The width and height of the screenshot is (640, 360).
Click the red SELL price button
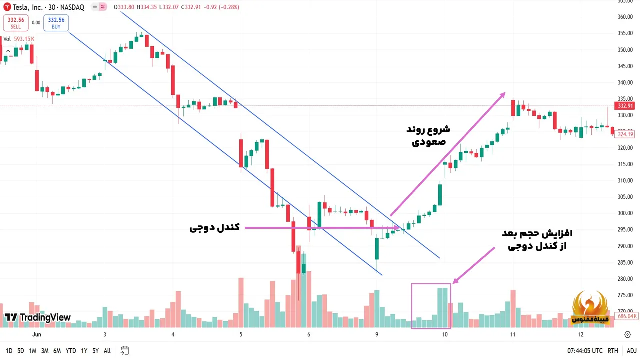pos(16,23)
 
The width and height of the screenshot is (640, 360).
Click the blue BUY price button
pos(56,23)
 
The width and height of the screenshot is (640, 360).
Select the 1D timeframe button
pos(9,351)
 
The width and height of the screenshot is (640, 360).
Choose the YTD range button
pos(70,351)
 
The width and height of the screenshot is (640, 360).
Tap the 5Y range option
pos(95,351)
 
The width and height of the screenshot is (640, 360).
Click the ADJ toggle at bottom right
pos(632,351)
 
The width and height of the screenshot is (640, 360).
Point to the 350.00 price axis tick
pos(625,50)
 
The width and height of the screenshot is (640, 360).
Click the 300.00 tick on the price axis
pos(625,213)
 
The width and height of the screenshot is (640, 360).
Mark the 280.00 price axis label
pos(625,279)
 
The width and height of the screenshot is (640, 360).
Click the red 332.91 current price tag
pos(625,106)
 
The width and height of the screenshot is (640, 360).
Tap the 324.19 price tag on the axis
pos(625,134)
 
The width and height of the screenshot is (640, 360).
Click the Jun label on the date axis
pos(36,335)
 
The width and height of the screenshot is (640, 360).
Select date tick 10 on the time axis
pos(445,335)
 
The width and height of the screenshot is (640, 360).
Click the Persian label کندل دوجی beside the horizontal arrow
pos(214,228)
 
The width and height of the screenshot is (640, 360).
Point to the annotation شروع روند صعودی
pos(428,136)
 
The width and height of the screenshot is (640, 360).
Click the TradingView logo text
pos(38,317)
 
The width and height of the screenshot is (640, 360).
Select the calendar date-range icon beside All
pos(125,351)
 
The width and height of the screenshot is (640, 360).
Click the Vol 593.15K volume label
pos(19,39)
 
